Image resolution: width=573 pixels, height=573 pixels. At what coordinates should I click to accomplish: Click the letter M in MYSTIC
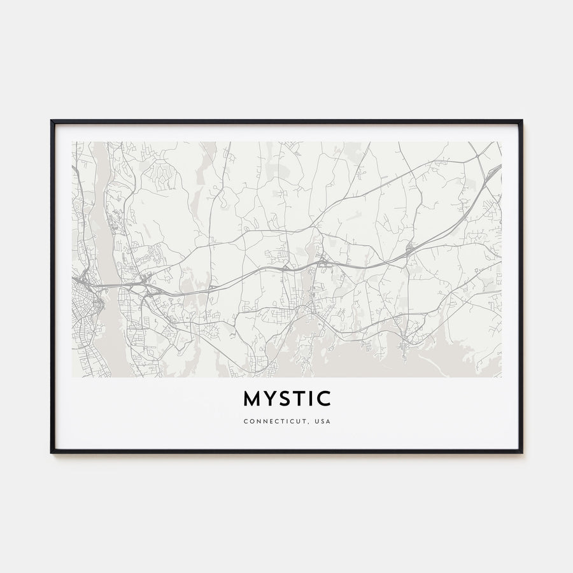[252, 399]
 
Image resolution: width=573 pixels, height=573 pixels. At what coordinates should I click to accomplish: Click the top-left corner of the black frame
[52, 121]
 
